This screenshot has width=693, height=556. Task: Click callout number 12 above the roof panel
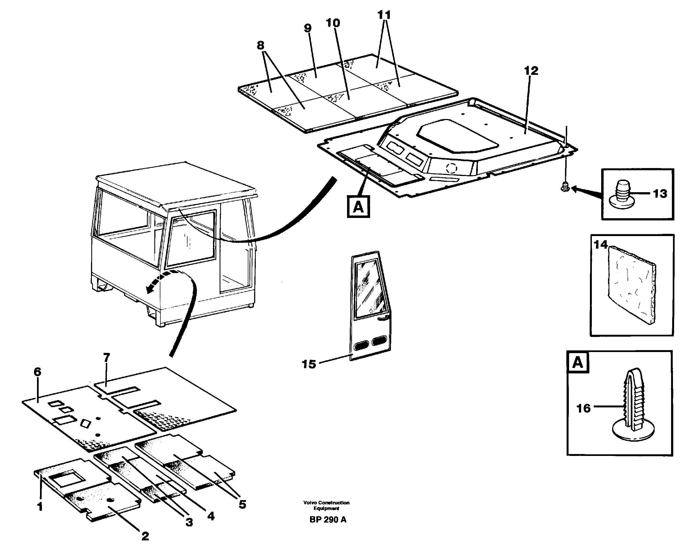coord(531,71)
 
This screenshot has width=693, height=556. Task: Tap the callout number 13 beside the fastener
coord(660,194)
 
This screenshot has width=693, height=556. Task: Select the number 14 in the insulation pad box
coord(600,245)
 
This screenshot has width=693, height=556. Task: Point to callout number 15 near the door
coord(309,364)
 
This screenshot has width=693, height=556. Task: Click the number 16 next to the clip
coord(583,409)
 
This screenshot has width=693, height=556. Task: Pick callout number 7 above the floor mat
coord(107,357)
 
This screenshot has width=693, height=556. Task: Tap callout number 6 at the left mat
coord(37,372)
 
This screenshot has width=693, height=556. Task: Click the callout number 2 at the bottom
coord(145,536)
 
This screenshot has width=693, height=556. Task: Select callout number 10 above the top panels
coord(333,23)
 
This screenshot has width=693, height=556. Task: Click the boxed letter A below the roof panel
coord(358,207)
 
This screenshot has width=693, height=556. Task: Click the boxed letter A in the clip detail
coord(578,363)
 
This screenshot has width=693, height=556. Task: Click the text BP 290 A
coord(328,520)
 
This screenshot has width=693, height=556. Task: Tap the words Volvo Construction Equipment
coord(326,506)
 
